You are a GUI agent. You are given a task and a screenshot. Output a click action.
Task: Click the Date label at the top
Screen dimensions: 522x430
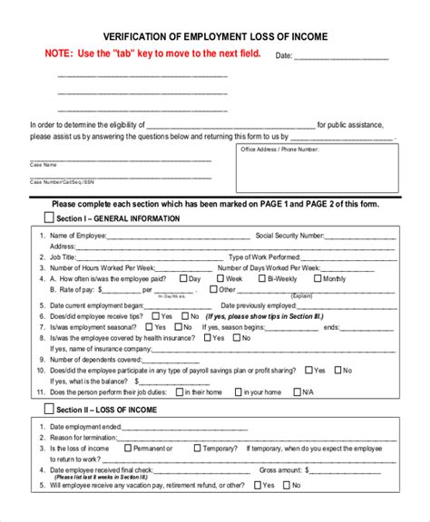(283, 55)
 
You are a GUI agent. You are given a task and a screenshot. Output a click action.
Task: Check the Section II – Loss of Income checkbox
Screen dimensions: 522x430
(49, 410)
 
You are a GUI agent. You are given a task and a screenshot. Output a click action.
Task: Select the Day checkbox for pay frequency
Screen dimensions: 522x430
(185, 279)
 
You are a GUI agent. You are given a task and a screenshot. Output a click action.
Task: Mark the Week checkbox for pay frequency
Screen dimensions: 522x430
(218, 279)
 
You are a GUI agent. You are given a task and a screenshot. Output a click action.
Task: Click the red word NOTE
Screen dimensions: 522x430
(61, 54)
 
